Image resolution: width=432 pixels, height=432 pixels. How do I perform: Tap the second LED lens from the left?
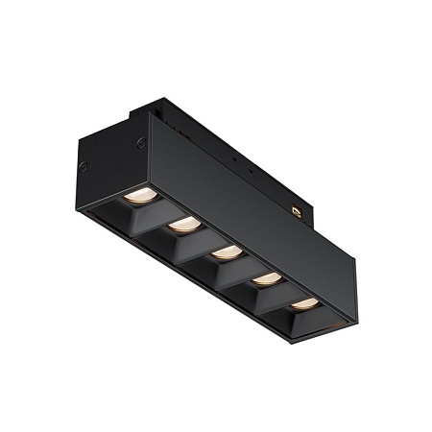[x=184, y=225]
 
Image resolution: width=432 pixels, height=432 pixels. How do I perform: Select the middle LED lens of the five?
[x=227, y=252]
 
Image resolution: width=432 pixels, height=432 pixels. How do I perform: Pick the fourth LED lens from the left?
[x=268, y=278]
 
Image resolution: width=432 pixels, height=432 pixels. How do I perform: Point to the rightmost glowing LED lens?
[x=305, y=303]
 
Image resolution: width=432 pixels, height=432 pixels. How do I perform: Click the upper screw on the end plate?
[x=142, y=143]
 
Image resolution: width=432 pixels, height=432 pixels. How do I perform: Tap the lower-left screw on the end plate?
[x=83, y=168]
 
